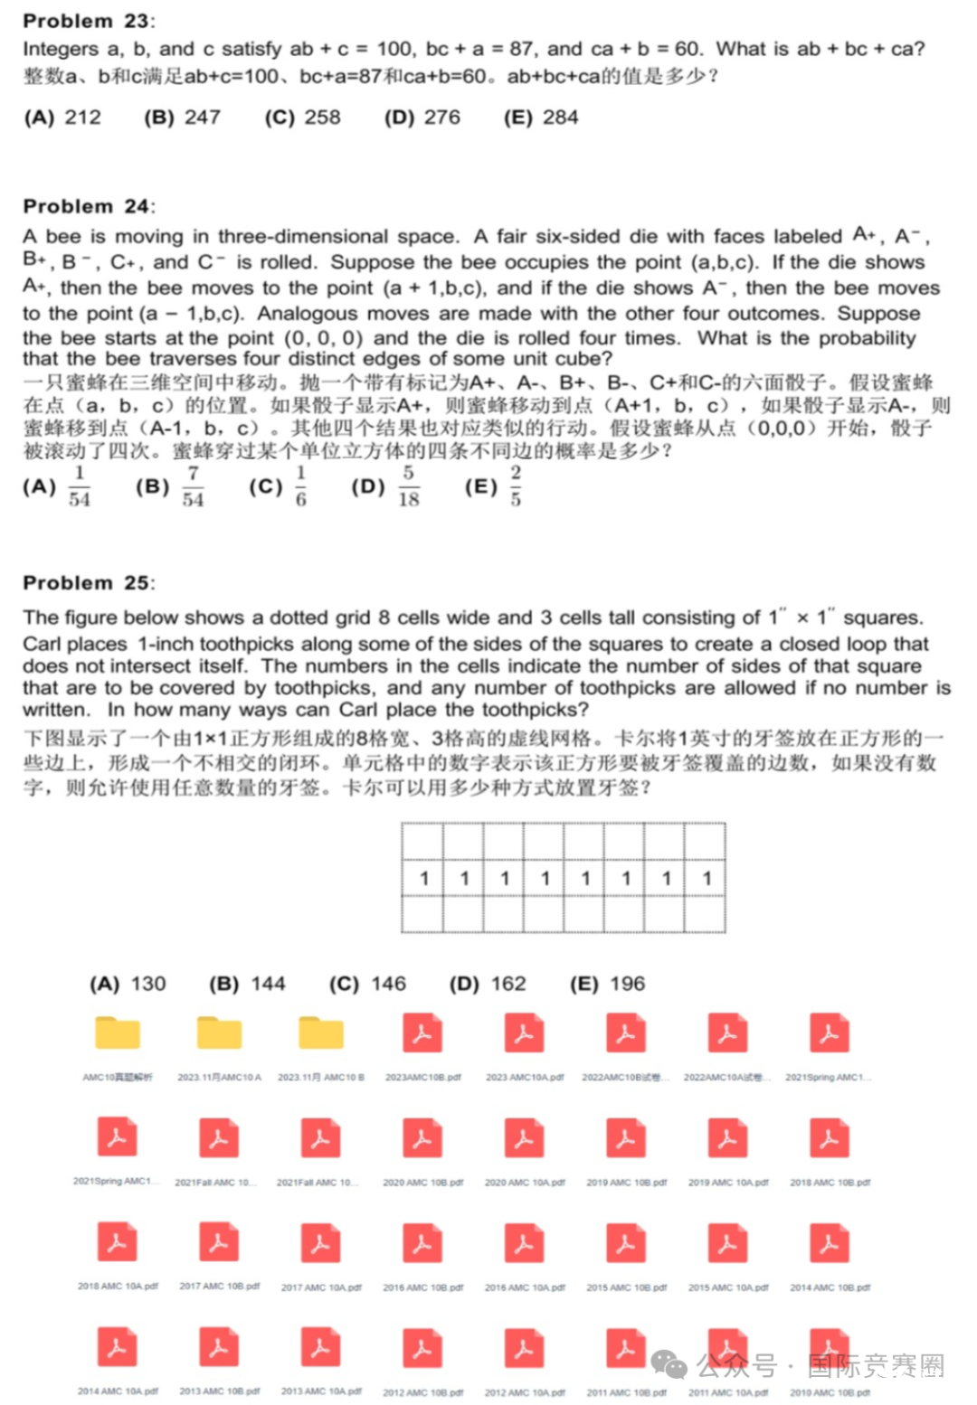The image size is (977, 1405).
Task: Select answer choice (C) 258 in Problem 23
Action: coord(302,118)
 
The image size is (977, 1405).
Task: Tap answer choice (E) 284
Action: coord(540,118)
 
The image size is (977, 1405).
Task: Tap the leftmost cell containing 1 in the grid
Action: coord(423,878)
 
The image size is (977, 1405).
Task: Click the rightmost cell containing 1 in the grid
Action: coord(707,878)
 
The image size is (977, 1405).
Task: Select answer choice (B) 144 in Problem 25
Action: coord(247,984)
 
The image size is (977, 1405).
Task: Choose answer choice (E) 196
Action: coord(607,984)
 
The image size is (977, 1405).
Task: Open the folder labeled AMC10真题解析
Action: coord(118,1034)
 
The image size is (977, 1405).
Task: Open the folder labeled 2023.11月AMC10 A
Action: coord(219,1034)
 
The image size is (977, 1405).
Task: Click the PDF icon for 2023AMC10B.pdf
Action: coord(422,1034)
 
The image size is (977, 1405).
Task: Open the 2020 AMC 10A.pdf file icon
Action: coord(525,1138)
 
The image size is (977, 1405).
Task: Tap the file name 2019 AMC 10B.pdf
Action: coord(626,1183)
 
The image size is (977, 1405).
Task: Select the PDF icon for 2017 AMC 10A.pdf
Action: coord(320,1243)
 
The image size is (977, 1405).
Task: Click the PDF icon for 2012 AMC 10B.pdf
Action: coord(422,1348)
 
